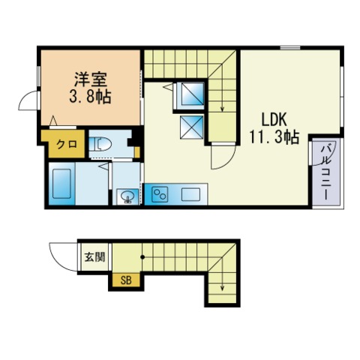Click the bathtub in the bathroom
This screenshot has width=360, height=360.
62,184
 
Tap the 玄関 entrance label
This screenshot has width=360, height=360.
94,257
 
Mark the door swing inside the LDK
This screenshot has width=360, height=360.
221,156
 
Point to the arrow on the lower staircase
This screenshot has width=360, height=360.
223,283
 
